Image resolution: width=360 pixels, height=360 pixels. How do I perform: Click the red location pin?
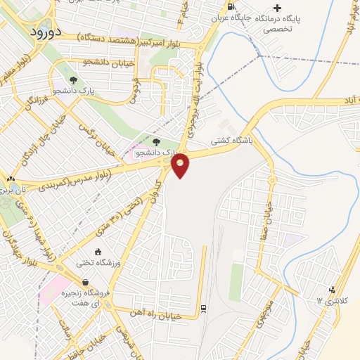181,166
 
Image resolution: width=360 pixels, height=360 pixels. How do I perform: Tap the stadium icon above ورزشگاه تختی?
98,251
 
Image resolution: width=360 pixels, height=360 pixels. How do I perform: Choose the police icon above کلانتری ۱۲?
332,289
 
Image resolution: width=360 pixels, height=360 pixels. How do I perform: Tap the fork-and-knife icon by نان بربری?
9,179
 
